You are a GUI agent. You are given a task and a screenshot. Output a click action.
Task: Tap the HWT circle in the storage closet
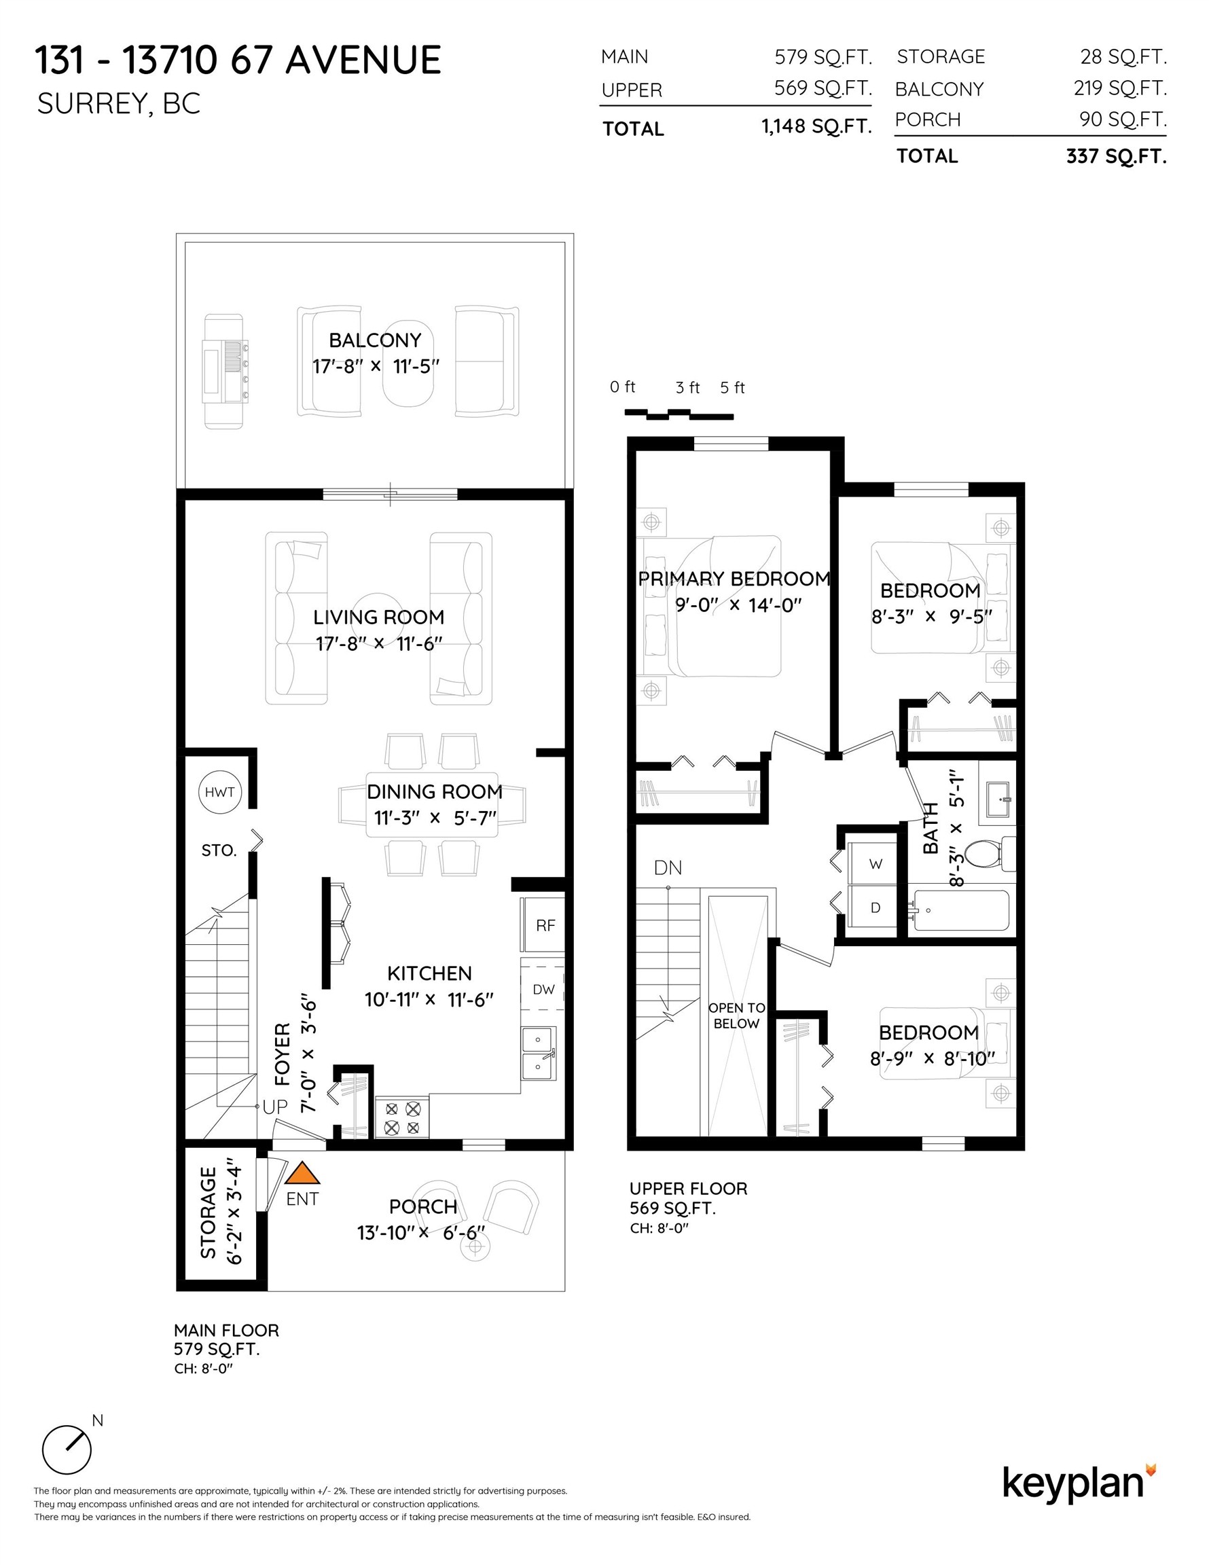219,792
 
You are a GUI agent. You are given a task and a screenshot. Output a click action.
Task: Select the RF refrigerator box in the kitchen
545,925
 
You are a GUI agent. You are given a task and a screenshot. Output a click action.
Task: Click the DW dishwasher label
543,990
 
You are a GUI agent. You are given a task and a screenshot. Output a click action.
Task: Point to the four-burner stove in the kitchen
402,1118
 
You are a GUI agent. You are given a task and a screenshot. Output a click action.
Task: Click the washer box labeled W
874,863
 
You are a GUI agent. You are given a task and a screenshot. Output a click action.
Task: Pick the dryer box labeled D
874,907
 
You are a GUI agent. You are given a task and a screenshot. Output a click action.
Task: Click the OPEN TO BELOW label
736,1015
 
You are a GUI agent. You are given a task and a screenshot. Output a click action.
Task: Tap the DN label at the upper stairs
667,868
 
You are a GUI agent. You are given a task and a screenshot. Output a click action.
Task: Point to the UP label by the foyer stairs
274,1107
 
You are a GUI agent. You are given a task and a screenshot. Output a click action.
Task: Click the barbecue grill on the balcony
225,371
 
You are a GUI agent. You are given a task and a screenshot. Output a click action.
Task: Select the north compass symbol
67,1450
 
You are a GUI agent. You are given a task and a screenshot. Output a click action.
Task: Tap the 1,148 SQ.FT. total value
816,127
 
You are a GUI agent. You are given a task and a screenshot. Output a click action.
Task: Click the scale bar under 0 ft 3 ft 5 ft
678,414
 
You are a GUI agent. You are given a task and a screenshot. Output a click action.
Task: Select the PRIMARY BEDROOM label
734,578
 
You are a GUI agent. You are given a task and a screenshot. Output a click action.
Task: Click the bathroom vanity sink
998,799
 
